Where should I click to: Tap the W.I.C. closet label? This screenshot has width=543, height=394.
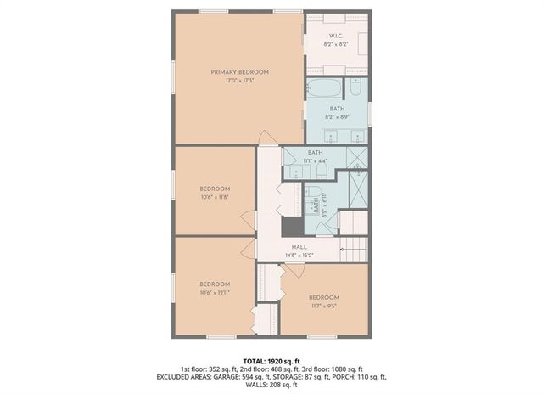pyautogui.click(x=337, y=35)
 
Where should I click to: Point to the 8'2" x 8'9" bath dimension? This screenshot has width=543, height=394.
pyautogui.click(x=337, y=117)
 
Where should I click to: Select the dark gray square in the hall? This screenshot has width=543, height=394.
pyautogui.click(x=291, y=227)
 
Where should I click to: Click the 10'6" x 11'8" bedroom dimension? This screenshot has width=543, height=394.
pyautogui.click(x=215, y=197)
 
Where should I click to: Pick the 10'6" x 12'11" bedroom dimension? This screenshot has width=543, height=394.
pyautogui.click(x=215, y=292)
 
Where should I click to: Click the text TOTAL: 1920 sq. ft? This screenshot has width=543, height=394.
pyautogui.click(x=271, y=361)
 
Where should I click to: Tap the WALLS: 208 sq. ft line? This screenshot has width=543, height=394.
pyautogui.click(x=271, y=385)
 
